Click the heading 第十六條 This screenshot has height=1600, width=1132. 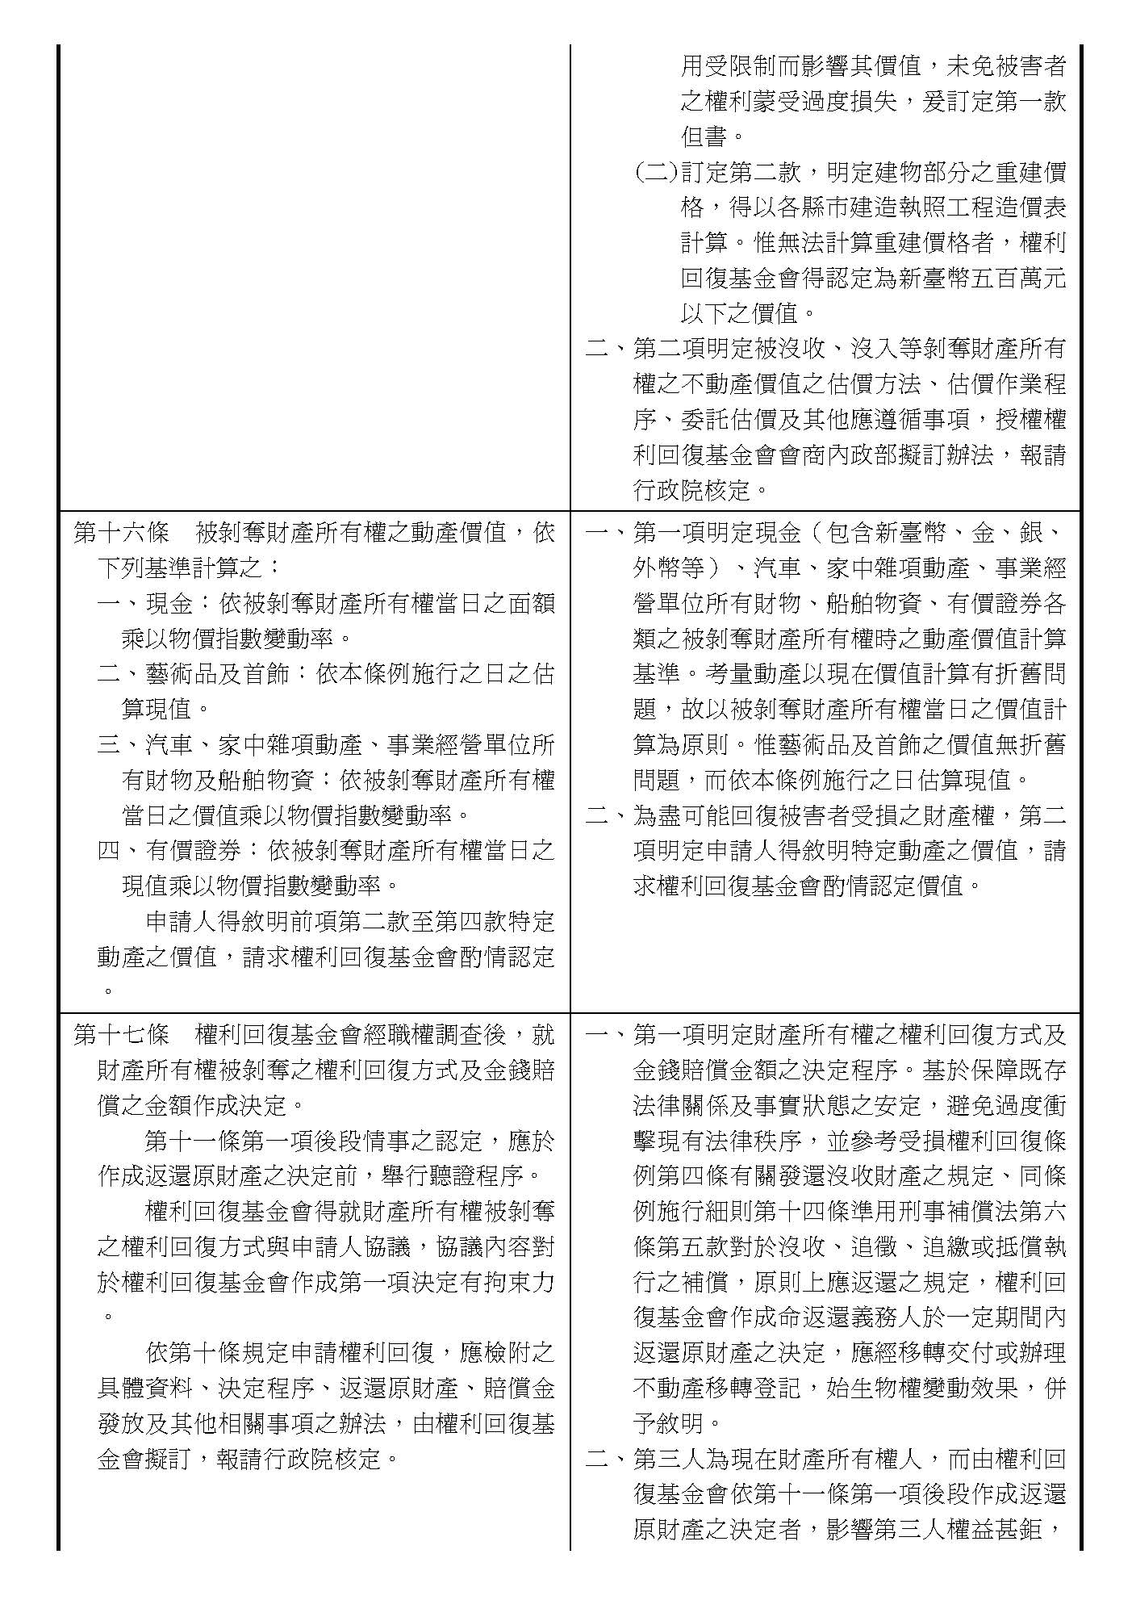pos(120,534)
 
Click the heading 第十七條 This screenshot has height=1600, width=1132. pos(120,1035)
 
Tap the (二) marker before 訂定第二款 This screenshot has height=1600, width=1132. pos(654,172)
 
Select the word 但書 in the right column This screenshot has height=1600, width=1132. pos(704,136)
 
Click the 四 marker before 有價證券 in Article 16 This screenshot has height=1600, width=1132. pos(109,851)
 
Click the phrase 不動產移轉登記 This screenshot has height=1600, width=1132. pos(716,1388)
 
